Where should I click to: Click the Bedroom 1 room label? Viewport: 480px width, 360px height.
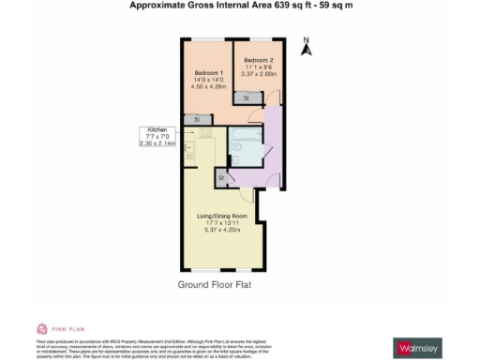point(207,73)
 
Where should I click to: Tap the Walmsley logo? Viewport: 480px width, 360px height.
point(418,348)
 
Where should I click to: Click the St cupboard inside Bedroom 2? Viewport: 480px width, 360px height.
point(246,97)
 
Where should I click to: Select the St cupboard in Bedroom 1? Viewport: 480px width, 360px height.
point(197,119)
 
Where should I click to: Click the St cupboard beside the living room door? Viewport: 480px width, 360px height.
point(224,176)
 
